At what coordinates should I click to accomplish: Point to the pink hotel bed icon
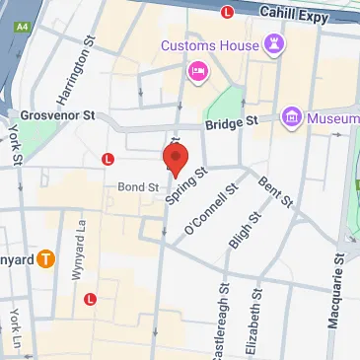click(195, 71)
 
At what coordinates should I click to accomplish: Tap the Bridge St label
click(230, 122)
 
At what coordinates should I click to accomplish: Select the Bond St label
click(138, 184)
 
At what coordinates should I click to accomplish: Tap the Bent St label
click(274, 191)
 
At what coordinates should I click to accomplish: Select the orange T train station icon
click(45, 259)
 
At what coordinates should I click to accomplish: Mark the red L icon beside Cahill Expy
click(227, 12)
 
